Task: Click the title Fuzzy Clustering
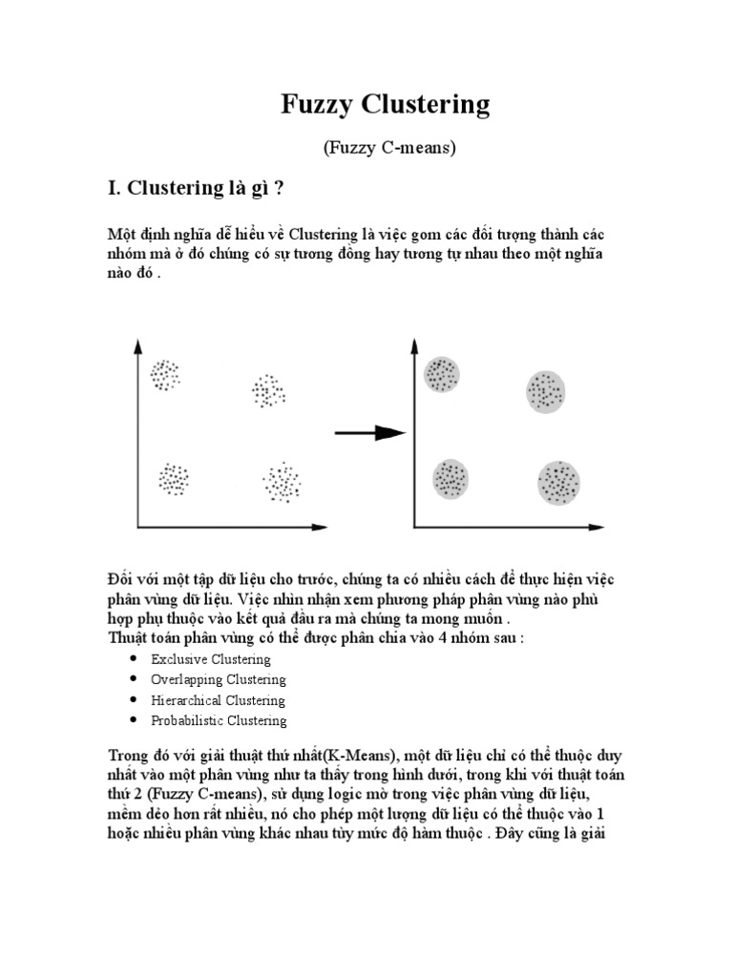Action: click(385, 104)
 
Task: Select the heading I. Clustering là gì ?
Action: click(197, 188)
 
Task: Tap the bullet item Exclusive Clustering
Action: click(211, 659)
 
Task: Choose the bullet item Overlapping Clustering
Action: click(218, 679)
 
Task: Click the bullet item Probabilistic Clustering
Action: click(219, 720)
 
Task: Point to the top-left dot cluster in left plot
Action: click(165, 374)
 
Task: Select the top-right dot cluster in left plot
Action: click(268, 390)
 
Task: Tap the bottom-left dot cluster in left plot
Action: click(174, 479)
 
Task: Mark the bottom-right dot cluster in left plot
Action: click(282, 482)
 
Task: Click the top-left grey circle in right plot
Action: click(442, 374)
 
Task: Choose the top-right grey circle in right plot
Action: click(547, 390)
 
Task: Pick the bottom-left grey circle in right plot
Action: click(450, 479)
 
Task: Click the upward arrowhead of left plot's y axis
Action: click(138, 345)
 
